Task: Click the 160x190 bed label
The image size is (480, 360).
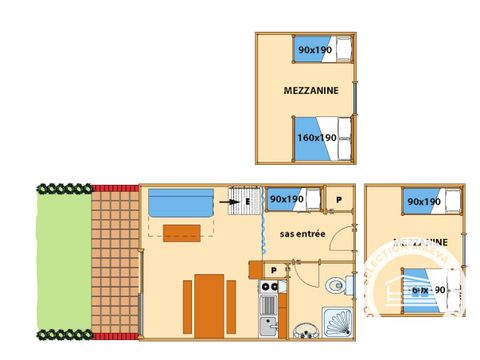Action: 315,137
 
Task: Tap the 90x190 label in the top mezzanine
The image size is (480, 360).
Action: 313,48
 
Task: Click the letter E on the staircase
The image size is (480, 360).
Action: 246,200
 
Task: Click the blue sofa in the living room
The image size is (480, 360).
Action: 181,203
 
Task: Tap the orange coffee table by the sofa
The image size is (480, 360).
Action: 181,234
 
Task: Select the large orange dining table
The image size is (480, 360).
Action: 209,305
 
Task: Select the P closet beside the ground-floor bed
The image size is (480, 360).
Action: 340,199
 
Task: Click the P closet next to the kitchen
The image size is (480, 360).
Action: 272,270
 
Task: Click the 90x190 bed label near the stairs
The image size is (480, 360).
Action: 287,199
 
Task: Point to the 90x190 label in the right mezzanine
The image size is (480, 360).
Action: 423,202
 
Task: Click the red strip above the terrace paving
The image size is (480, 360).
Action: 114,188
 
